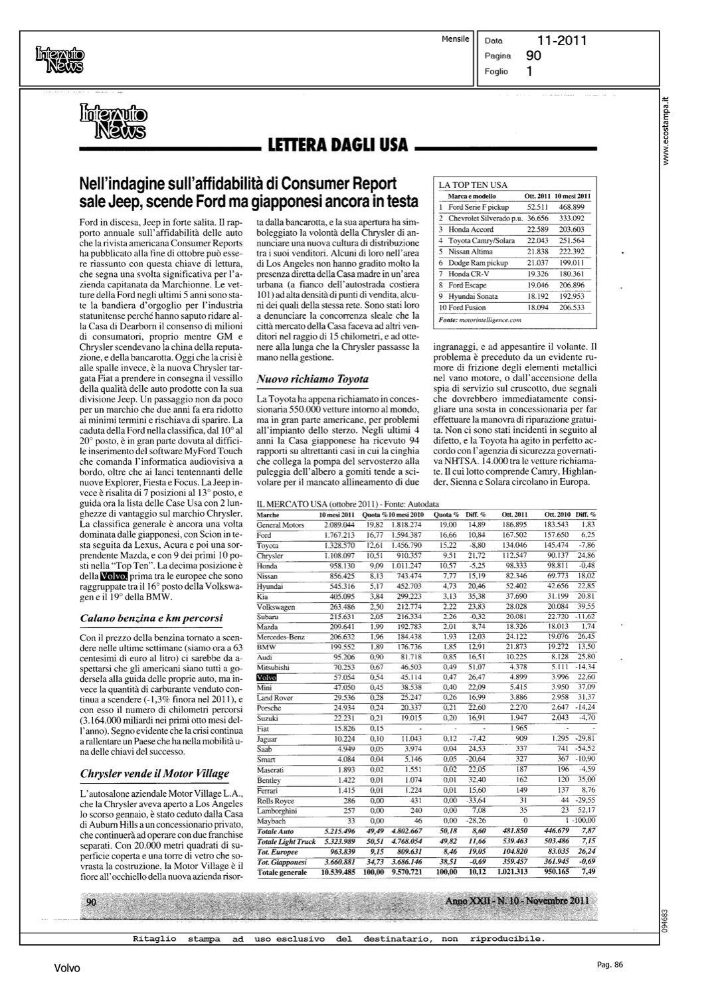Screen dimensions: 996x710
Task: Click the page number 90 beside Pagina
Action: pyautogui.click(x=533, y=56)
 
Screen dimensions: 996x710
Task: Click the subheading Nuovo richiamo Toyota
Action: pyautogui.click(x=312, y=379)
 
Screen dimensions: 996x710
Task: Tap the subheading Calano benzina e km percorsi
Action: pyautogui.click(x=151, y=618)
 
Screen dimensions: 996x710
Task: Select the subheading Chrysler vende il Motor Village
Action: pyautogui.click(x=154, y=773)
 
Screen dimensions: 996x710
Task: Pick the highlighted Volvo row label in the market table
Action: pyautogui.click(x=266, y=677)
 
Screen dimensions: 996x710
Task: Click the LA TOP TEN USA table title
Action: pyautogui.click(x=472, y=185)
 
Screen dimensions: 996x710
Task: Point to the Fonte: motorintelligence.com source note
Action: pyautogui.click(x=480, y=319)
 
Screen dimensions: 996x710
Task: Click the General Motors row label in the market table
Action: pyautogui.click(x=280, y=525)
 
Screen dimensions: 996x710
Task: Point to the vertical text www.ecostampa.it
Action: pyautogui.click(x=671, y=129)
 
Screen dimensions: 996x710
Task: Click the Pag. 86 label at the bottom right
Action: pyautogui.click(x=609, y=965)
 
